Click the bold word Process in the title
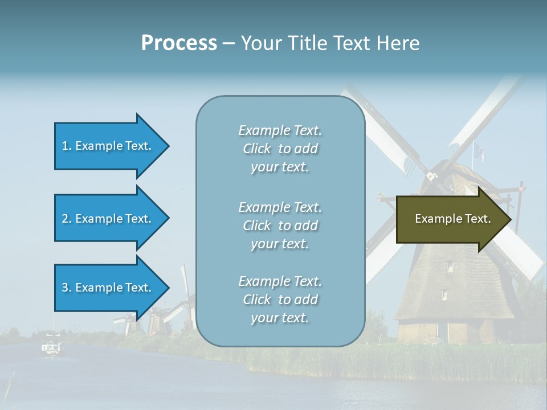click(x=179, y=43)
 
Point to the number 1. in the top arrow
click(x=67, y=146)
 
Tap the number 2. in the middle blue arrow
click(x=67, y=219)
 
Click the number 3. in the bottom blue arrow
click(x=67, y=288)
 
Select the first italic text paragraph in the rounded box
click(x=280, y=149)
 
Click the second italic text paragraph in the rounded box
click(x=280, y=225)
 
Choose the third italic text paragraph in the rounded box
click(x=280, y=300)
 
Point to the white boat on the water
click(x=51, y=347)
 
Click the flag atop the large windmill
click(x=479, y=152)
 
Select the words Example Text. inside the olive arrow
click(x=452, y=219)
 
